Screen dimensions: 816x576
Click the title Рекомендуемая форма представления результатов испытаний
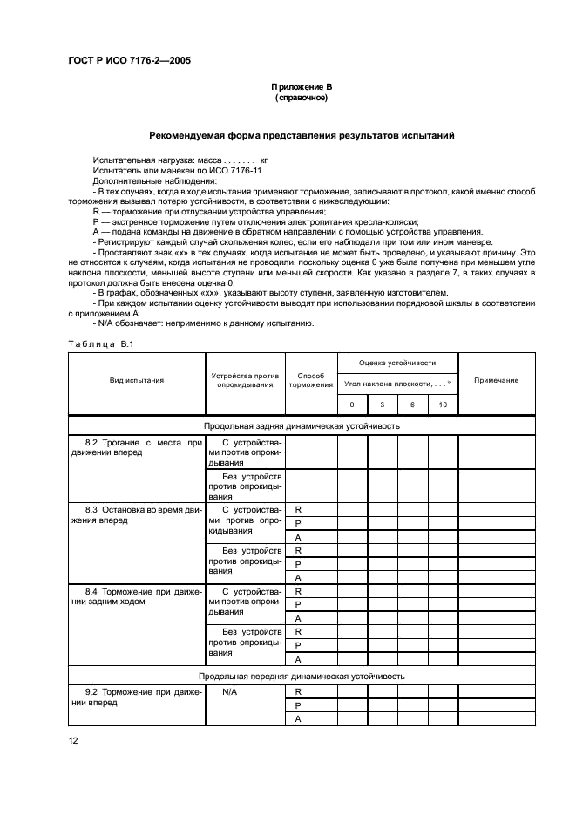302,136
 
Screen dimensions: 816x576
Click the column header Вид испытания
137,380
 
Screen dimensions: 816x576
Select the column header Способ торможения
310,380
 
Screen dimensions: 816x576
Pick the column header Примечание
496,380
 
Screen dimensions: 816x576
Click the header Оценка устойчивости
397,363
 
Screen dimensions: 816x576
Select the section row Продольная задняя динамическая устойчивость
302,426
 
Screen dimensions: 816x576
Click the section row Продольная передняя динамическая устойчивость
302,676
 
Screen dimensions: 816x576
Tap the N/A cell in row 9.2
230,692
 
